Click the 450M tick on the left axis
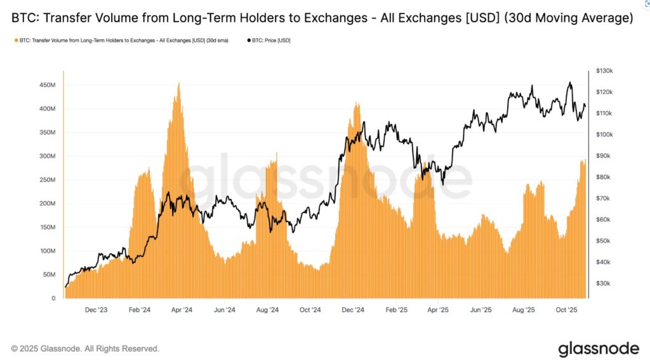[47, 84]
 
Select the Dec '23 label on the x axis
[96, 310]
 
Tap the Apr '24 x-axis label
[182, 310]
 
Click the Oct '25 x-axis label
[566, 310]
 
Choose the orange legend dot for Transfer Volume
[15, 41]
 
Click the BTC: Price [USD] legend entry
[269, 41]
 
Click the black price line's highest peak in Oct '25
[570, 83]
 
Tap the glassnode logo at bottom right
[599, 349]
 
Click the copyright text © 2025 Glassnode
[85, 349]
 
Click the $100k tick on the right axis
[603, 135]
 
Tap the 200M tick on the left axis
[47, 203]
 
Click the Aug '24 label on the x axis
[268, 310]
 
